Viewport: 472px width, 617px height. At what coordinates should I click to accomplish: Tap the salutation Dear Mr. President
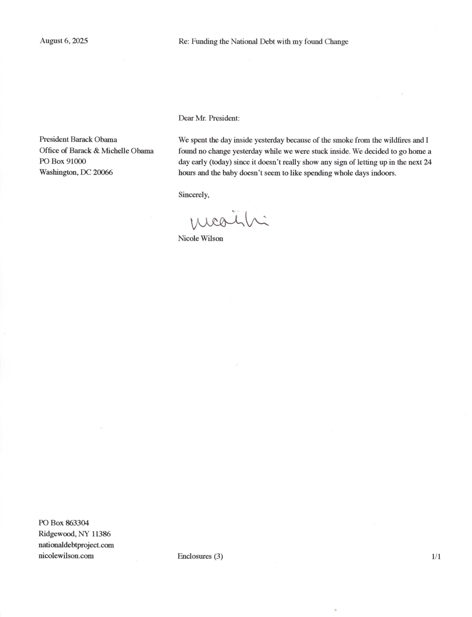(209, 118)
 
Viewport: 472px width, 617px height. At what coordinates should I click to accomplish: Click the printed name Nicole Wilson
(200, 239)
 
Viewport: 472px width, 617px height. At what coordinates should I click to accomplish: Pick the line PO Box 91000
(63, 161)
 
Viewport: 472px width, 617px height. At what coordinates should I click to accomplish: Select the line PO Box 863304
(64, 523)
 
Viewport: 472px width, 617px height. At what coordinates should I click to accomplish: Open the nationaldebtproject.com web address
(76, 545)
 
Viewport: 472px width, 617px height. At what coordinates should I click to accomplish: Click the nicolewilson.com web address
(66, 556)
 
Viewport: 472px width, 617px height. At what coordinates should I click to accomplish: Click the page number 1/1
(436, 557)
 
